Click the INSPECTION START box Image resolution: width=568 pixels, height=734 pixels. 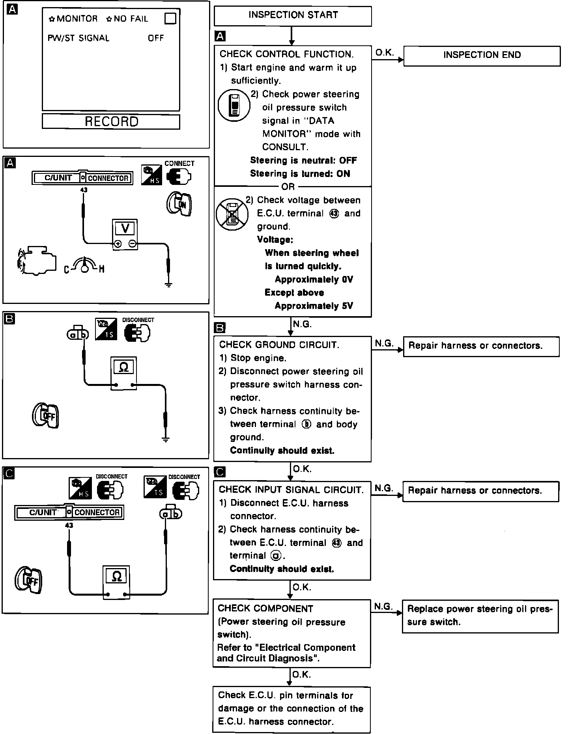click(293, 16)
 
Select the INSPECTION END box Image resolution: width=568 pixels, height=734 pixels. click(482, 56)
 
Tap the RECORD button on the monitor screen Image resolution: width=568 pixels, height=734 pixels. click(111, 121)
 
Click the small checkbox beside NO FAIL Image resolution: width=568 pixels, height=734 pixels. click(170, 19)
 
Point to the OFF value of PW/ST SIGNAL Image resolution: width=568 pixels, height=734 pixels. click(156, 38)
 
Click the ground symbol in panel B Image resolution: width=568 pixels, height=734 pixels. click(166, 439)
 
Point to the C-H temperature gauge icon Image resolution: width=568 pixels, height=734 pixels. click(84, 265)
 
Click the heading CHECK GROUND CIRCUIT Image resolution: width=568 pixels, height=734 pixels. click(279, 345)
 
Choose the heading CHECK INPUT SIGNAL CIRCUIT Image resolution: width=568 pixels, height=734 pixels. click(291, 490)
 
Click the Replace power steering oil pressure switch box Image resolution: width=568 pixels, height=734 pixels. click(480, 615)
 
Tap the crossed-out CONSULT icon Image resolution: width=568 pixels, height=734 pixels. click(232, 214)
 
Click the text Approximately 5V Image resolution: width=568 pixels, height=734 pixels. click(314, 306)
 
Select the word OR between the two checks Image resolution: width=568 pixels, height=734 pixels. click(288, 186)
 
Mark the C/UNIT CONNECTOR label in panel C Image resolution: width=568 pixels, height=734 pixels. click(69, 512)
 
